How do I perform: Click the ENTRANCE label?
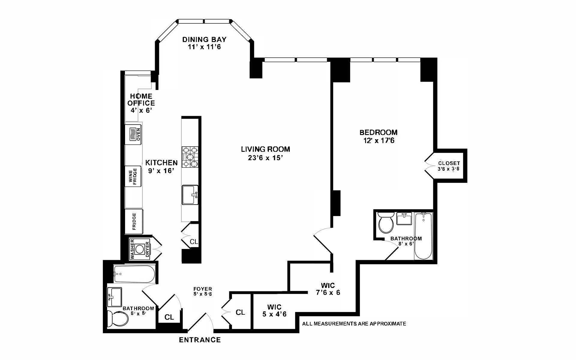click(x=200, y=340)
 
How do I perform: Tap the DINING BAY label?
click(x=204, y=40)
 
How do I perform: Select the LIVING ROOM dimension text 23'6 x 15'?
click(x=265, y=158)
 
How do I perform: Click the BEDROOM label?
click(x=378, y=132)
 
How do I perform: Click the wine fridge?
click(x=133, y=176)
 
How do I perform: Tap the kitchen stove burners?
click(x=190, y=157)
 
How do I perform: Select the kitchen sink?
click(x=190, y=195)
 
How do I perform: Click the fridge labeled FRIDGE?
click(x=134, y=221)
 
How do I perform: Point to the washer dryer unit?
click(x=139, y=249)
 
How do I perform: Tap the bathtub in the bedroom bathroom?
click(x=423, y=236)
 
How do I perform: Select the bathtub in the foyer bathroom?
click(x=134, y=274)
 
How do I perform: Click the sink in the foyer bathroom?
click(x=115, y=297)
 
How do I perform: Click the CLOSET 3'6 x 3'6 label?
click(x=448, y=166)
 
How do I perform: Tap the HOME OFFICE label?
click(x=141, y=100)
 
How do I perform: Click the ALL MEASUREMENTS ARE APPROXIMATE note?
click(x=354, y=324)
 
